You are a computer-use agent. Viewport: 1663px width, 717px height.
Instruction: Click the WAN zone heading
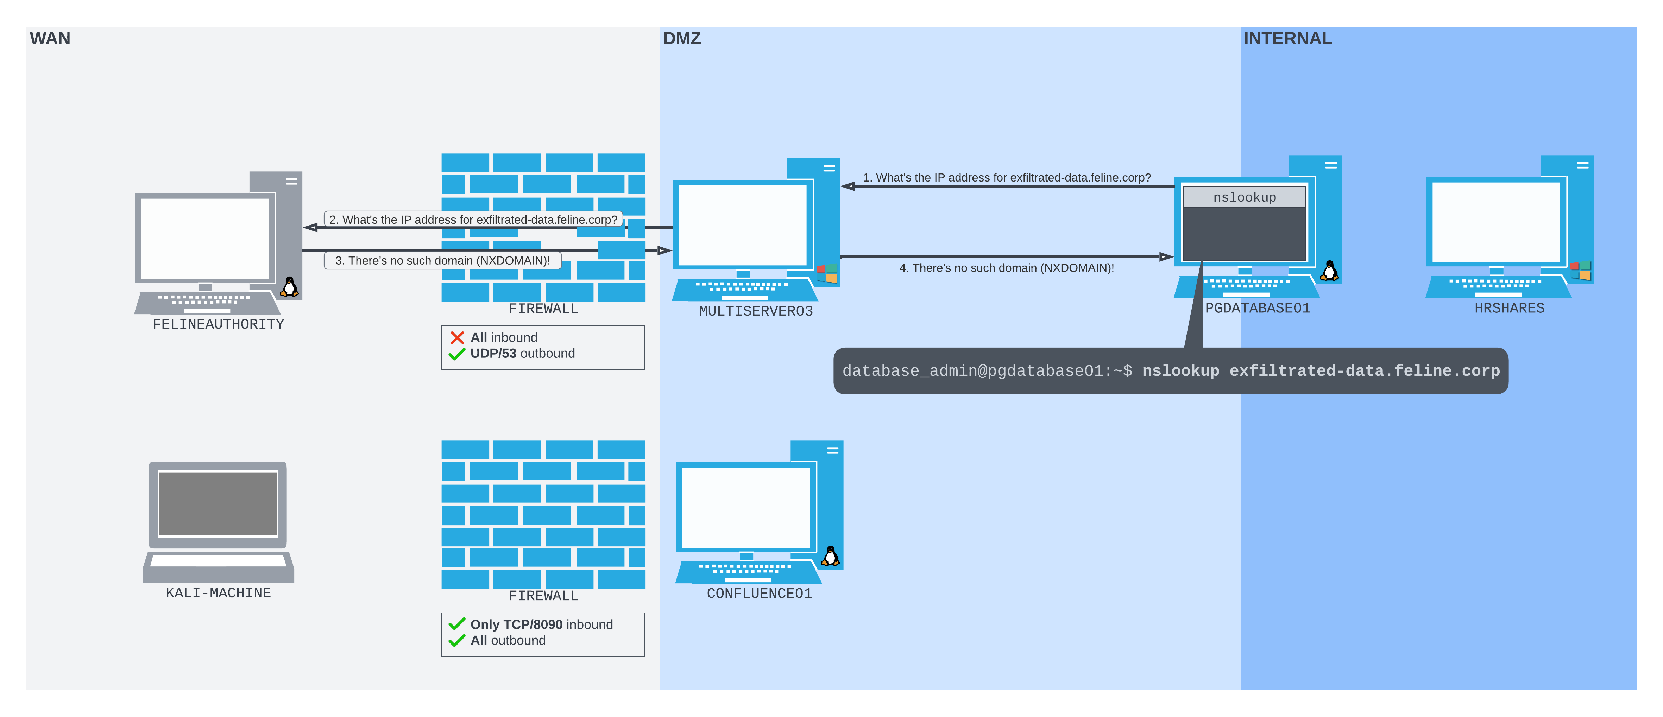click(x=50, y=39)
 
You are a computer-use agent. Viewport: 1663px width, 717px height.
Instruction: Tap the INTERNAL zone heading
click(x=1287, y=39)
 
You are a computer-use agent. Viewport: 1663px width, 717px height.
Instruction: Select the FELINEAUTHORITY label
click(x=218, y=324)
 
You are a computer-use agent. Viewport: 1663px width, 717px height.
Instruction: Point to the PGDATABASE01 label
click(x=1258, y=309)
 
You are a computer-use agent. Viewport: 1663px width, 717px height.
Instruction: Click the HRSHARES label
click(x=1509, y=309)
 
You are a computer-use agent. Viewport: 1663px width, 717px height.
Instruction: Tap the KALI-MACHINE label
click(x=218, y=592)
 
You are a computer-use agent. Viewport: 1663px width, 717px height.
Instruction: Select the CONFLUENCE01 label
click(x=759, y=593)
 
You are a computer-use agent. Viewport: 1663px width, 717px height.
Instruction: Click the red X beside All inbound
click(x=457, y=337)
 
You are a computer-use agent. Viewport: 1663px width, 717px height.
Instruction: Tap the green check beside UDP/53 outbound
click(x=457, y=354)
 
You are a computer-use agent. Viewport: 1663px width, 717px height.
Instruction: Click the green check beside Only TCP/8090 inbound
click(x=457, y=624)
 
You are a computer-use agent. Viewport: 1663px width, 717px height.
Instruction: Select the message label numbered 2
click(x=473, y=220)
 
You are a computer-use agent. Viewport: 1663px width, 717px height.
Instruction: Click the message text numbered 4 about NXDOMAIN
click(x=1007, y=268)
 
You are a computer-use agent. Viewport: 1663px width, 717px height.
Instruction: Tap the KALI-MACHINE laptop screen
click(x=218, y=503)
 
